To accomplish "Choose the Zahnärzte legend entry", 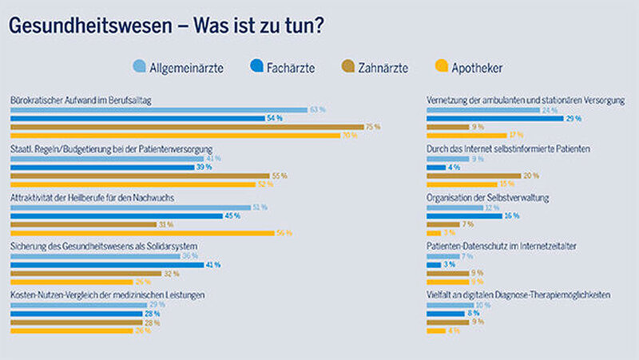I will [376, 67].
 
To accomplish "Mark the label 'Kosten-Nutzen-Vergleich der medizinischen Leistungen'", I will [107, 295].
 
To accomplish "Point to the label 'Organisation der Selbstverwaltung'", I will [488, 197].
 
